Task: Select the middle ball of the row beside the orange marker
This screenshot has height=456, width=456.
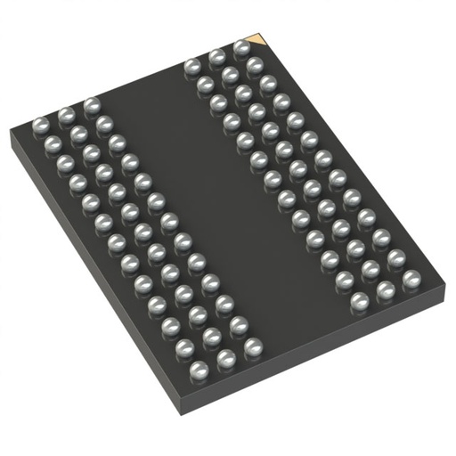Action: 216,57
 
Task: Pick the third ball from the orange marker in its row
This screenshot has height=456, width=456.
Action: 191,65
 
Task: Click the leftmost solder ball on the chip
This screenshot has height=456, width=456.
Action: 40,122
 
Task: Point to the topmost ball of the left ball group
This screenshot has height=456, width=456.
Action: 91,105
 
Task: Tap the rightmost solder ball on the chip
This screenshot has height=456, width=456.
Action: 411,280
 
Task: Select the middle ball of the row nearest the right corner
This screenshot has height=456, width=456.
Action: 386,289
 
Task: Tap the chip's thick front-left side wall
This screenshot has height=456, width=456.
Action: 89,285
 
